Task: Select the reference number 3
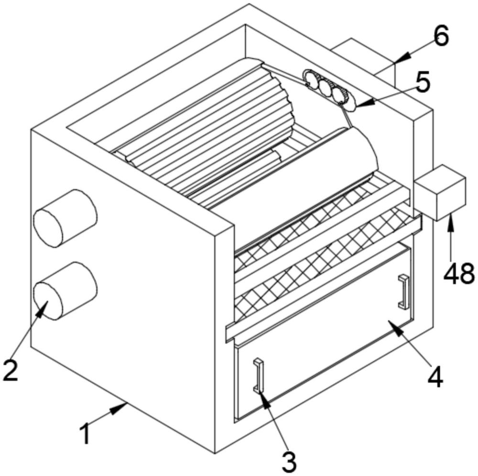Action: pyautogui.click(x=288, y=461)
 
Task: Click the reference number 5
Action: pyautogui.click(x=423, y=82)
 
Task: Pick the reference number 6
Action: pyautogui.click(x=440, y=36)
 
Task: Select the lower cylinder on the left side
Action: pyautogui.click(x=65, y=290)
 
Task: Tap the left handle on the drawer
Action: pyautogui.click(x=259, y=375)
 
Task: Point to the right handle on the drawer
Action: pyautogui.click(x=404, y=291)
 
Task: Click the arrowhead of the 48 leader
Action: pyautogui.click(x=449, y=219)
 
